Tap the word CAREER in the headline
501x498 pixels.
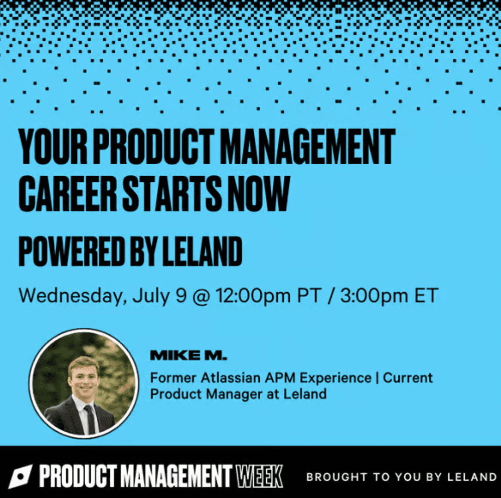coord(67,193)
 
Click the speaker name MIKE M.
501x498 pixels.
coord(188,355)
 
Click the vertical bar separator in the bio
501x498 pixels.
coord(377,378)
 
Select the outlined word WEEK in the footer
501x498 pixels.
coord(259,477)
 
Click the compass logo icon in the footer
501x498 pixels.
coord(20,477)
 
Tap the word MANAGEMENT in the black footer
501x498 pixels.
coord(177,477)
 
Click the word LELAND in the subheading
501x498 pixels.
coord(202,252)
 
